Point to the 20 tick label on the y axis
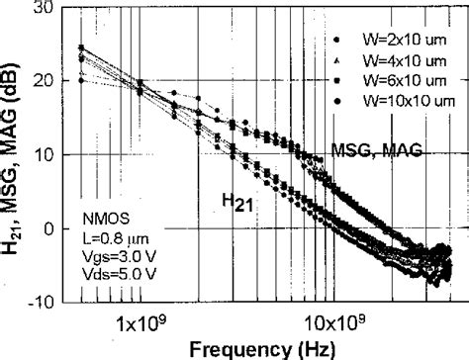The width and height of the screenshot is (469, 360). point(43,81)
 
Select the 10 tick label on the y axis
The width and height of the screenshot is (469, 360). point(43,155)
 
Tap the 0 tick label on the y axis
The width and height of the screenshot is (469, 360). point(47,228)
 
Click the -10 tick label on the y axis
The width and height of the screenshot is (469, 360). point(40,302)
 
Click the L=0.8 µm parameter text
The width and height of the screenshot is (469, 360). point(109,232)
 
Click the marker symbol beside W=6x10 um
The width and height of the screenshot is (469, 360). point(337,82)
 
